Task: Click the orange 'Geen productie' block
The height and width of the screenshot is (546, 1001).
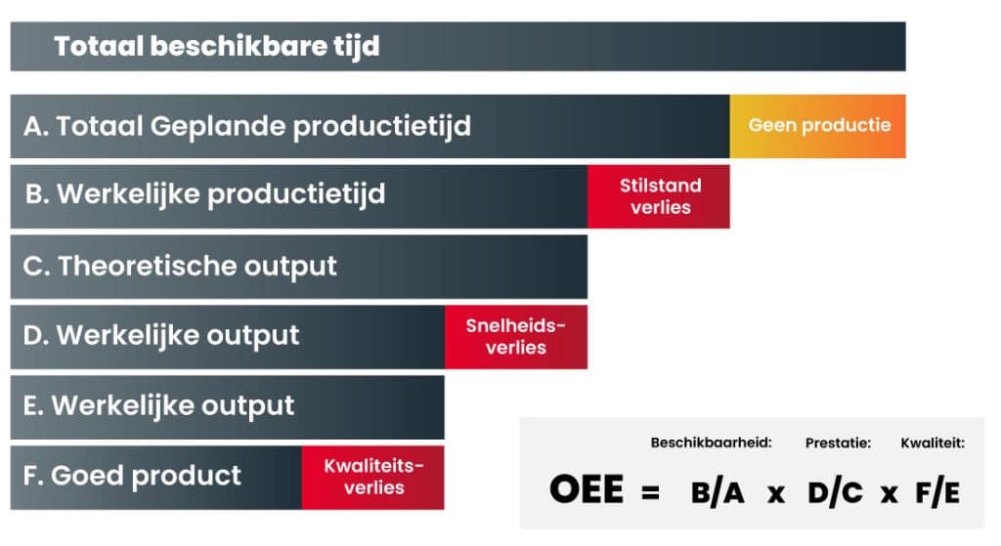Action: [x=818, y=126]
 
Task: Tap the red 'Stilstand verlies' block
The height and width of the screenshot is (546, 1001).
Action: [x=659, y=196]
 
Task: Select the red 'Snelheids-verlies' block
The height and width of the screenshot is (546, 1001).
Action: [x=516, y=337]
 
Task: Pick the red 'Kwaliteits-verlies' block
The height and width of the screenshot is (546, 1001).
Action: [x=372, y=477]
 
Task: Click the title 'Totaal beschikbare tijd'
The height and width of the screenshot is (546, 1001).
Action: [x=216, y=47]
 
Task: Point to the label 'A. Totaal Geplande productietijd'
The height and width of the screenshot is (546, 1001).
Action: [x=247, y=126]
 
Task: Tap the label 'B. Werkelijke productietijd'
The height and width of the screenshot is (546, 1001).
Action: [x=205, y=194]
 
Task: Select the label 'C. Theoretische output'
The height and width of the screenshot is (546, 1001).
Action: [x=180, y=266]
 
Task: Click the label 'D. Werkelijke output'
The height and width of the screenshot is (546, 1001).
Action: [x=161, y=335]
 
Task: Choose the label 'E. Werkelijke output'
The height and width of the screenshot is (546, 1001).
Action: [x=159, y=405]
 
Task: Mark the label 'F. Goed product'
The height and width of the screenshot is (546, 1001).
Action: [x=132, y=476]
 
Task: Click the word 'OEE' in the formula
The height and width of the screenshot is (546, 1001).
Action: [x=587, y=490]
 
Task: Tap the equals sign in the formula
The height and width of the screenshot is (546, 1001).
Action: [x=650, y=492]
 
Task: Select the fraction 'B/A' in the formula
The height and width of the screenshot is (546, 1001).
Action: [x=718, y=491]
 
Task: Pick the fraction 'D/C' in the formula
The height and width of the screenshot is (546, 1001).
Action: [x=835, y=491]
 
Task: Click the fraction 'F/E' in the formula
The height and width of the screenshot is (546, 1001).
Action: [x=937, y=491]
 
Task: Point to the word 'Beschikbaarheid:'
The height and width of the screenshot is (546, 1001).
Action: [x=712, y=442]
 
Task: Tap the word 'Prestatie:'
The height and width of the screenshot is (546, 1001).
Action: [x=838, y=442]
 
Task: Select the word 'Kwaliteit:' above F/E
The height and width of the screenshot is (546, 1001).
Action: [x=933, y=442]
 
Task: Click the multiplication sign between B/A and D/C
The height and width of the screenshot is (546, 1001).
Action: [x=776, y=493]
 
